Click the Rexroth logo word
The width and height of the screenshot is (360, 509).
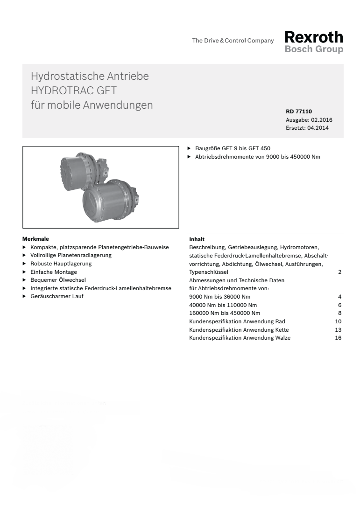point(314,37)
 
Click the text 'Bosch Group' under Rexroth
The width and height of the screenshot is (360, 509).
point(314,49)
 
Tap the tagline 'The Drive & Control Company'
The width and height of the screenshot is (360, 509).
point(233,41)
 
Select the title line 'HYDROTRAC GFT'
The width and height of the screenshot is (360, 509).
point(73,91)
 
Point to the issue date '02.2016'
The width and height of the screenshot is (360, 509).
point(322,120)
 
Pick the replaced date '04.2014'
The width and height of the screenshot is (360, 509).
point(318,128)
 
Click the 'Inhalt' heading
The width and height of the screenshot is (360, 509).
point(197,239)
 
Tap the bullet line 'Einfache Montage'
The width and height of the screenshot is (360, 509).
point(54,272)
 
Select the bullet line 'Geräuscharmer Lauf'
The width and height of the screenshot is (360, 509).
point(57,296)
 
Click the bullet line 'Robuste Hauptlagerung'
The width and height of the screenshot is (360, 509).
point(61,264)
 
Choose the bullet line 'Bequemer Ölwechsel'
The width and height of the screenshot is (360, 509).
point(58,280)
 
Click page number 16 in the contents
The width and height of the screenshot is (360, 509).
point(338,338)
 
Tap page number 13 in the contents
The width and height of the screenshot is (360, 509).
point(338,330)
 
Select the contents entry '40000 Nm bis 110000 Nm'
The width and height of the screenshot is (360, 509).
point(216,305)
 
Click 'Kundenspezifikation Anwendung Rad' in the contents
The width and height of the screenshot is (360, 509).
point(237,321)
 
